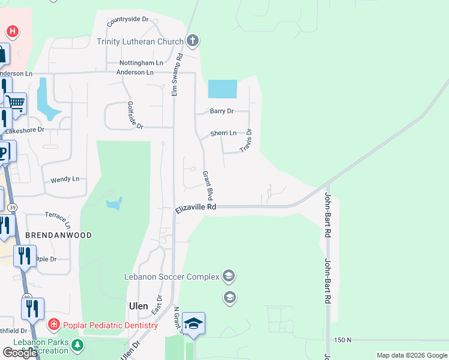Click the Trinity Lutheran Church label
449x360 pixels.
tap(141, 41)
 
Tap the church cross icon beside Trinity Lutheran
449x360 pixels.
tap(192, 41)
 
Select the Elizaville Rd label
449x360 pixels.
tap(196, 208)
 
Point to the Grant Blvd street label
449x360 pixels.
tap(208, 185)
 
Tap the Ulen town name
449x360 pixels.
tap(139, 305)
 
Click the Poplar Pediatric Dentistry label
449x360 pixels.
tap(109, 325)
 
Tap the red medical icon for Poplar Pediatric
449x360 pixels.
tap(53, 325)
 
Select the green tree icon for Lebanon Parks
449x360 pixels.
tap(77, 345)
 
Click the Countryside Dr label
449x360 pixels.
tap(128, 20)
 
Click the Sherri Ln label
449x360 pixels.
tap(223, 133)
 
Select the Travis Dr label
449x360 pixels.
tap(246, 140)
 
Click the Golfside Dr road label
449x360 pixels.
tap(135, 115)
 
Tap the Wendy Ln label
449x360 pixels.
tap(65, 179)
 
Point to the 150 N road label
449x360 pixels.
tap(343, 340)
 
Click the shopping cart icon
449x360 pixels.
tap(16, 103)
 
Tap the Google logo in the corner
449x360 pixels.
tap(20, 353)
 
